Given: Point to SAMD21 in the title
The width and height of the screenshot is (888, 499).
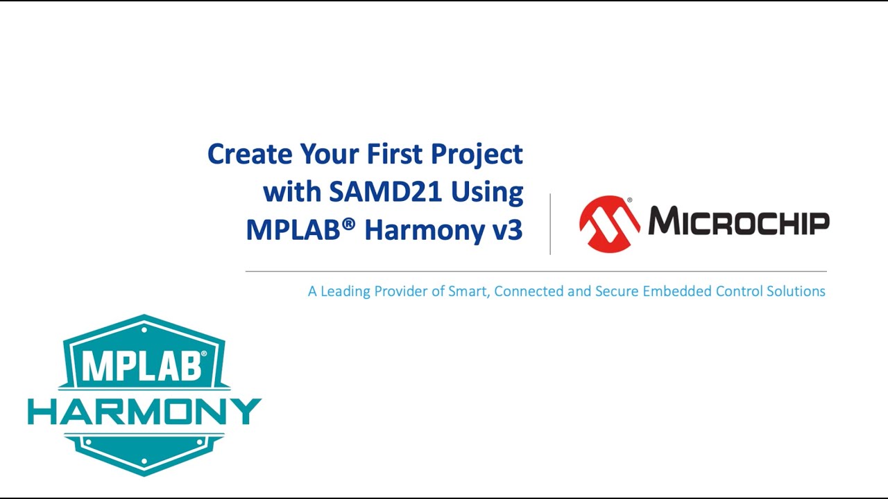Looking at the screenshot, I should (386, 192).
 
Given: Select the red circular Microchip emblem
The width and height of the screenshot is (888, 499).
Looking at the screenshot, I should (609, 223).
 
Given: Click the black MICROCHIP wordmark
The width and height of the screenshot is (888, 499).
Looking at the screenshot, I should (738, 222).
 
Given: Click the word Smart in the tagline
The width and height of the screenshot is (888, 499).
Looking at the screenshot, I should (469, 291).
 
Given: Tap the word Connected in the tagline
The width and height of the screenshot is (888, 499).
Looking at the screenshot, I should (529, 291).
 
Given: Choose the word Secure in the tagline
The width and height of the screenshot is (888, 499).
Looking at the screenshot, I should (617, 291).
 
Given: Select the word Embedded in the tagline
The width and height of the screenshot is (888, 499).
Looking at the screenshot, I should (677, 291).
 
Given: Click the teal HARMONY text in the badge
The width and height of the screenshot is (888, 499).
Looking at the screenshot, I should (144, 412).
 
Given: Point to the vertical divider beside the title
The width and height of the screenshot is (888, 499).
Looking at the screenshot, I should (550, 224).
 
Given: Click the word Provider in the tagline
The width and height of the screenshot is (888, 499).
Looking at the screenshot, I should (400, 291).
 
